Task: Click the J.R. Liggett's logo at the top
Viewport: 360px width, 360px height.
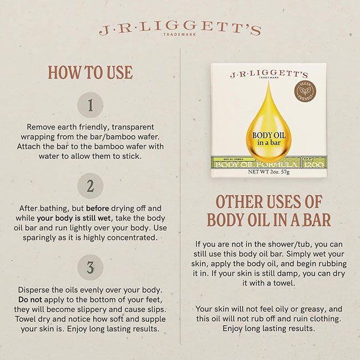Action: pyautogui.click(x=179, y=29)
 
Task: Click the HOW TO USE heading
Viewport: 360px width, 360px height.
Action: pyautogui.click(x=90, y=73)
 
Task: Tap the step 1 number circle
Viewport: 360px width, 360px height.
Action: pyautogui.click(x=90, y=104)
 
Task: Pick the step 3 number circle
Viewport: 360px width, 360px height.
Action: pyautogui.click(x=90, y=268)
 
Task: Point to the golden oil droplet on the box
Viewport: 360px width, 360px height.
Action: pyautogui.click(x=268, y=122)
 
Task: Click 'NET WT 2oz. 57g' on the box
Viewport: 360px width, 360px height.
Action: pyautogui.click(x=268, y=171)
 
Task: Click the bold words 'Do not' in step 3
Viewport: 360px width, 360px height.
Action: pyautogui.click(x=32, y=300)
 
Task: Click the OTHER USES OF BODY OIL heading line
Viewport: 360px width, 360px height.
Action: pyautogui.click(x=269, y=202)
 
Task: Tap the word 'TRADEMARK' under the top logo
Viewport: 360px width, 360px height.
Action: pyautogui.click(x=180, y=36)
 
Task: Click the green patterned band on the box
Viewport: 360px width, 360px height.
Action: pyautogui.click(x=268, y=162)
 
